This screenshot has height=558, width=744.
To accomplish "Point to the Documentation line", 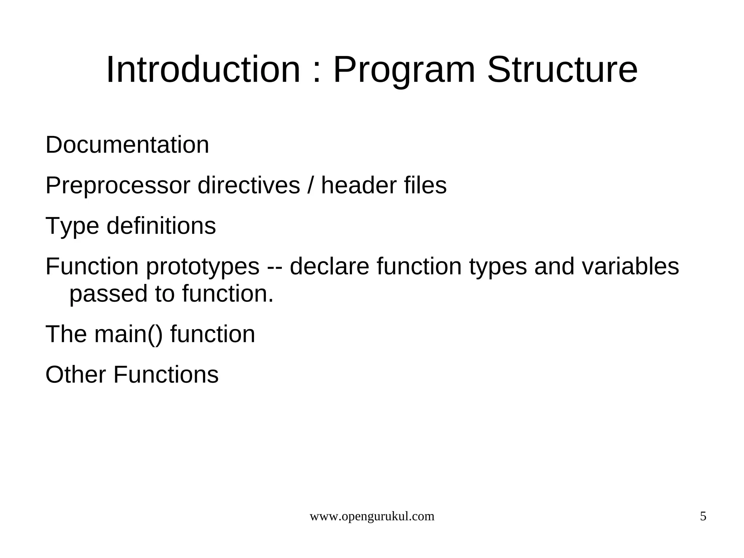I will (127, 145).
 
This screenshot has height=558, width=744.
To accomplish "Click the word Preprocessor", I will (118, 186).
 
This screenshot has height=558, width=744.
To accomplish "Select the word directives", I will (249, 185).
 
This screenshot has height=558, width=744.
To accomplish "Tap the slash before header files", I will (311, 185).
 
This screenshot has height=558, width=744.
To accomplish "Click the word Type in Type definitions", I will (72, 226).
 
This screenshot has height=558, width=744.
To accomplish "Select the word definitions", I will (161, 225).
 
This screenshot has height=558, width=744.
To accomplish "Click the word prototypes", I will (203, 267).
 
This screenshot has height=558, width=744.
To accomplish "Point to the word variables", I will (630, 266).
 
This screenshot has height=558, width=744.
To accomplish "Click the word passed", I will (108, 294).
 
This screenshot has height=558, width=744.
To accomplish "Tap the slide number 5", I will (703, 516).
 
